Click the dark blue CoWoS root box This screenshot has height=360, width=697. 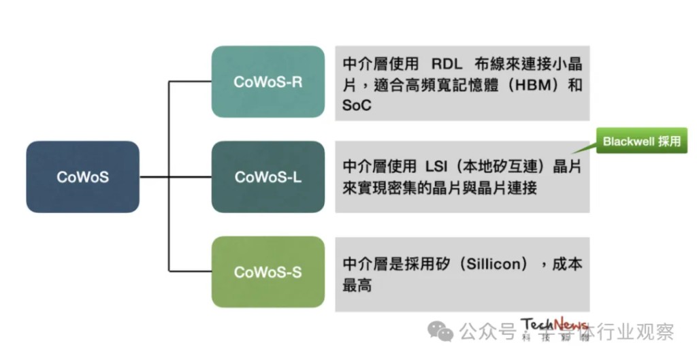pyautogui.click(x=82, y=177)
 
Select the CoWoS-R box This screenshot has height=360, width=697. pyautogui.click(x=268, y=82)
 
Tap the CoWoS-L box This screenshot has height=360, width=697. pyautogui.click(x=268, y=177)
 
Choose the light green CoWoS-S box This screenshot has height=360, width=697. pyautogui.click(x=268, y=272)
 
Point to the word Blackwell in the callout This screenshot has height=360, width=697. pyautogui.click(x=628, y=142)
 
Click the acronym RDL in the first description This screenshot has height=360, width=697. pyautogui.click(x=446, y=65)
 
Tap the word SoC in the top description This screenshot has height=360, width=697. pyautogui.click(x=357, y=107)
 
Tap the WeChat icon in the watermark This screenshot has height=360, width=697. pyautogui.click(x=440, y=332)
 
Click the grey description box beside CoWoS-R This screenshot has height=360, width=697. pyautogui.click(x=462, y=83)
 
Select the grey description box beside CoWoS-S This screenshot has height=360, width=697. pyautogui.click(x=462, y=274)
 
